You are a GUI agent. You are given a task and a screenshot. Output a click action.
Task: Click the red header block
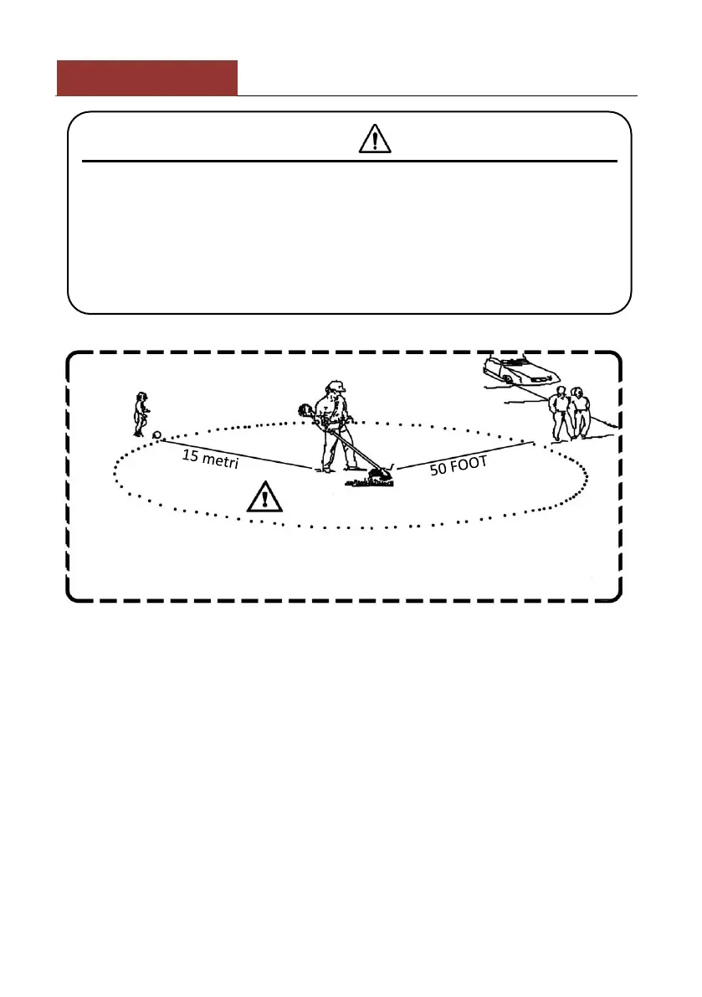pyautogui.click(x=146, y=78)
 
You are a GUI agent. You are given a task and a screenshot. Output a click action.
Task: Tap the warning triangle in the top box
pyautogui.click(x=375, y=138)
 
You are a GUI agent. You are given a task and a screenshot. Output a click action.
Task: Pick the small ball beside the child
pyautogui.click(x=156, y=435)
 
